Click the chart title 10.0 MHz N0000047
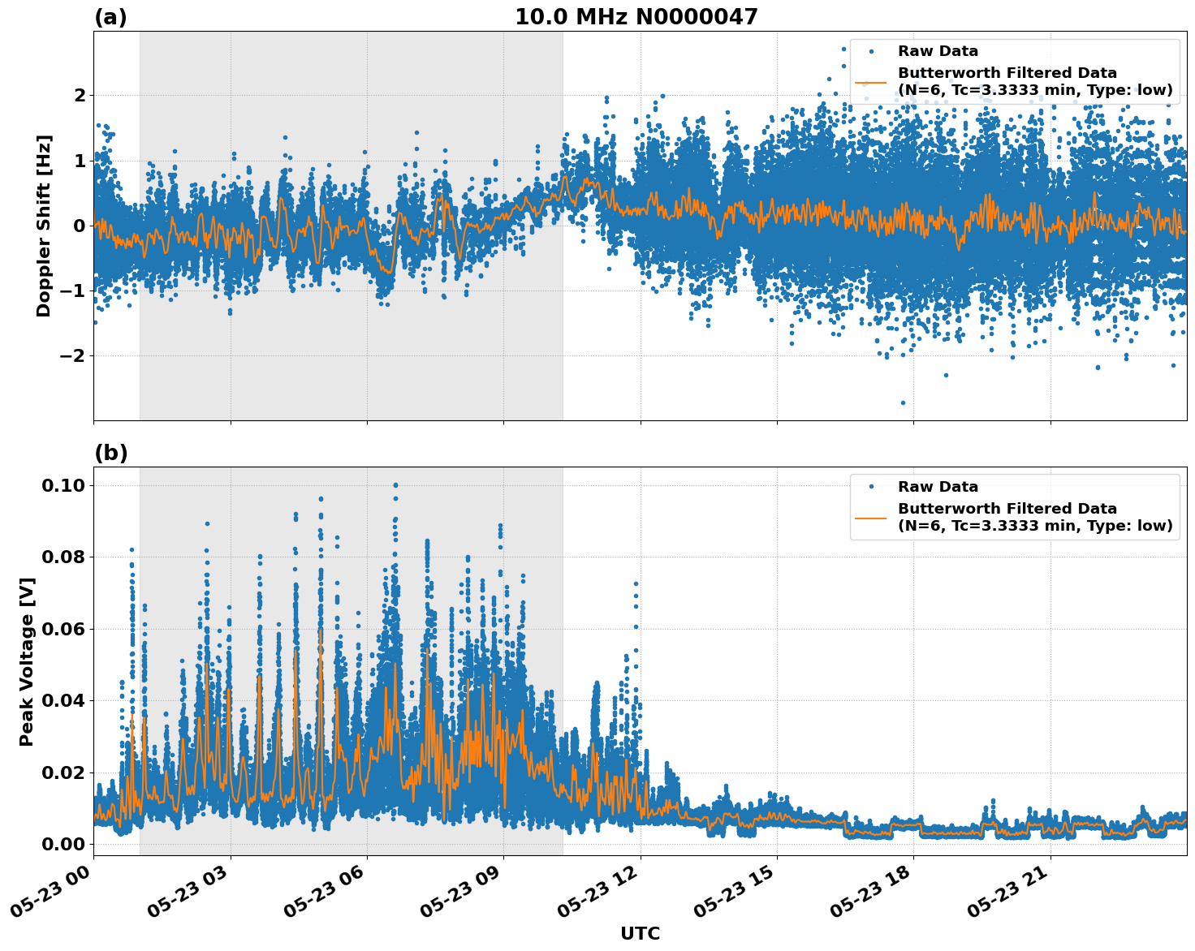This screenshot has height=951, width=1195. [636, 17]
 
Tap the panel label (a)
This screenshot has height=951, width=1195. [110, 17]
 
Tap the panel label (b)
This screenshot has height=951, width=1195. [110, 453]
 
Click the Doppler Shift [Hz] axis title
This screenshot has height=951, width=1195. [44, 226]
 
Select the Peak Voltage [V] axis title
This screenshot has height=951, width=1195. [27, 661]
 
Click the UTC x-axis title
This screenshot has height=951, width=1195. [640, 933]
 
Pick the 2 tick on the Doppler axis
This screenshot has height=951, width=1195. [80, 96]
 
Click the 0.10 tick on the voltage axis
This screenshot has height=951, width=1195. [63, 485]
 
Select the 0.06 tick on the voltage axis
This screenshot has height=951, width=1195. [63, 629]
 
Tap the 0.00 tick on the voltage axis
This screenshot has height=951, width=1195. [63, 844]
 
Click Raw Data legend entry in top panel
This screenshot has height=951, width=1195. [938, 51]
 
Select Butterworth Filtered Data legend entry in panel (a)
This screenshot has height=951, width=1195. [1034, 82]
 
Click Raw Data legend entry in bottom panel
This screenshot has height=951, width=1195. [938, 487]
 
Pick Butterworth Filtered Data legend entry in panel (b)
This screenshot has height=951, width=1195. [1034, 518]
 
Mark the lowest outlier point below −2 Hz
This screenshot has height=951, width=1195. [903, 402]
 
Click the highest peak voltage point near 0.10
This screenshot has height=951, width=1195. [395, 485]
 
